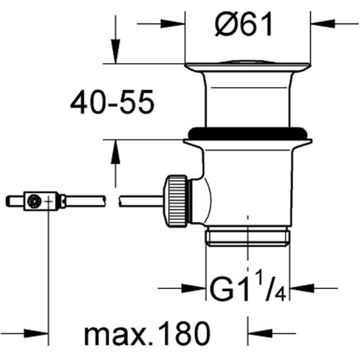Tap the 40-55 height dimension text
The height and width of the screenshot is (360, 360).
112,102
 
